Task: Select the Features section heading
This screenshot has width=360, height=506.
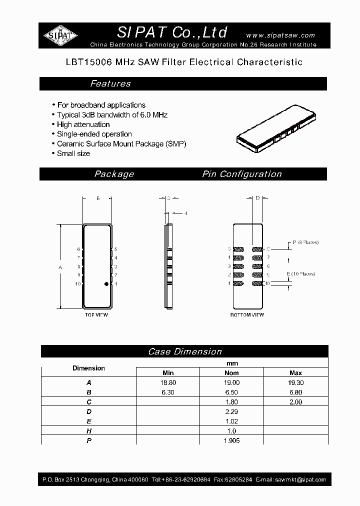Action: point(110,84)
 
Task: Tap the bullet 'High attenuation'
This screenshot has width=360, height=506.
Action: point(83,124)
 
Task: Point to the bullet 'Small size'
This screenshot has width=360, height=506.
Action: point(73,153)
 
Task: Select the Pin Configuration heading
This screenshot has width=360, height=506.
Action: point(242,174)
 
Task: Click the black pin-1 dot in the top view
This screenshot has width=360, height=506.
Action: point(106,284)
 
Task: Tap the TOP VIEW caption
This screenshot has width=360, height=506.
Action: point(96,315)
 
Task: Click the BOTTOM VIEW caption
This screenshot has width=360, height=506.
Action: point(247,315)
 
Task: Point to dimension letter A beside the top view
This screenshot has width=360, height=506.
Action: point(60,267)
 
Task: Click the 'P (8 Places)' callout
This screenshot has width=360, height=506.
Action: point(305,242)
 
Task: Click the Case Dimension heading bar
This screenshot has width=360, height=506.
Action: point(184,351)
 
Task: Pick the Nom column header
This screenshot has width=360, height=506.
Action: point(231,373)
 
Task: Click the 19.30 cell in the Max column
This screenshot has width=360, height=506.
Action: point(295,382)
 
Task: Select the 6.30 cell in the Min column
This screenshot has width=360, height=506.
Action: point(168,392)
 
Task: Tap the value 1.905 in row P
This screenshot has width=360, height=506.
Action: point(231,440)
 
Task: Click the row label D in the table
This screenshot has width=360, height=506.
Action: point(88,411)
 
